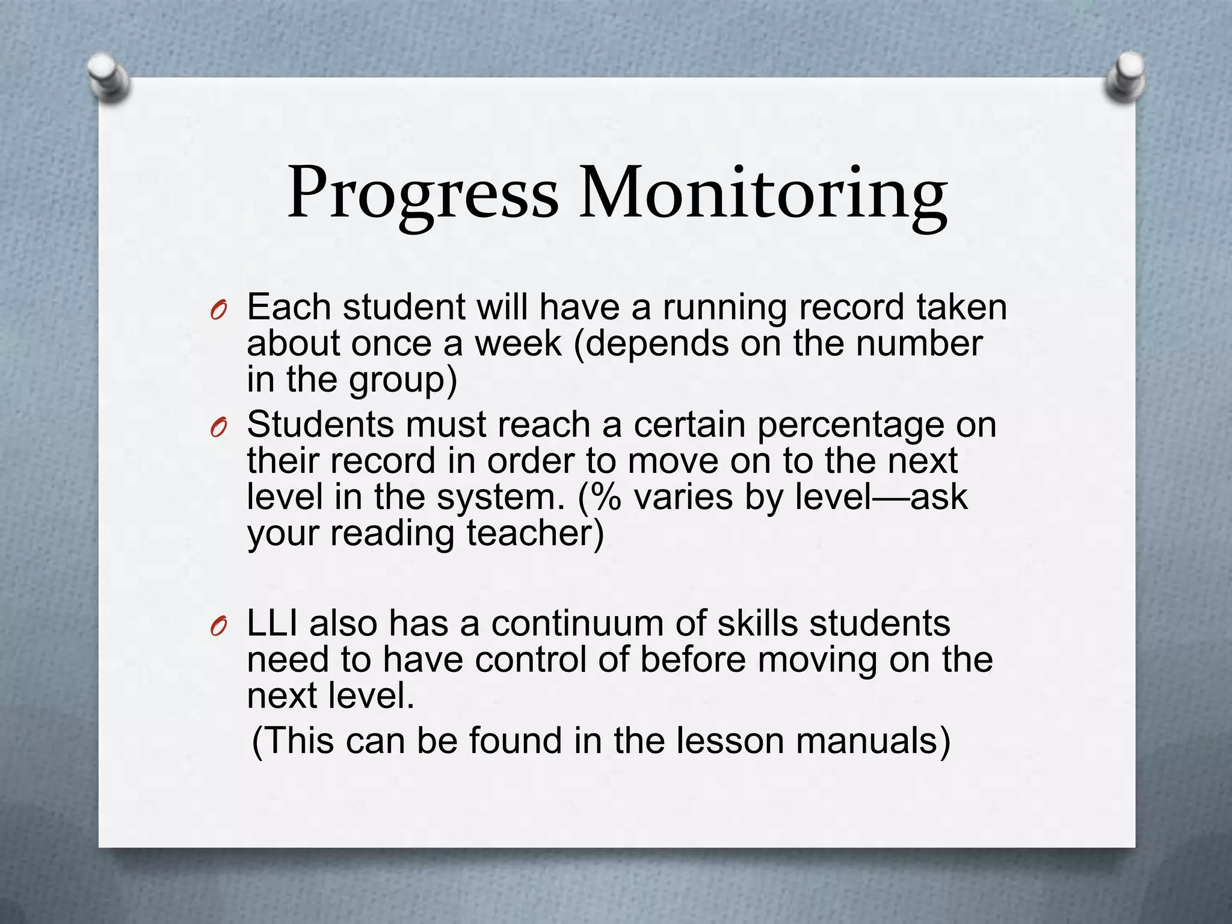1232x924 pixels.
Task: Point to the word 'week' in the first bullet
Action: pos(518,344)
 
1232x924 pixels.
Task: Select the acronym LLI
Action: pos(273,623)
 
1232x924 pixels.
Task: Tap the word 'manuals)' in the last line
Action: pos(873,741)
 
